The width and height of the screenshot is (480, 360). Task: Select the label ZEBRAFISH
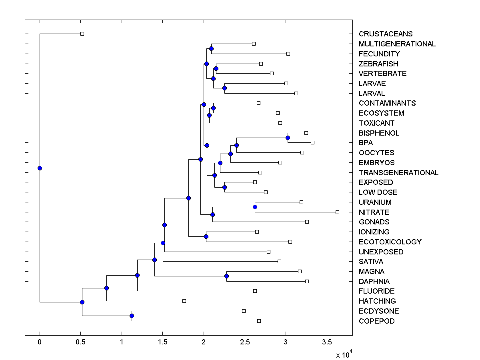378,64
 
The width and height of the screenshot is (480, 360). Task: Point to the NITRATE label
374,212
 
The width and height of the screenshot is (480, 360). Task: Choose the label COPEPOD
376,321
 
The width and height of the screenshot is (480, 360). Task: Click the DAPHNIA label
374,281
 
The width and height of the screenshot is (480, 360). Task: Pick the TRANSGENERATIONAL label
398,172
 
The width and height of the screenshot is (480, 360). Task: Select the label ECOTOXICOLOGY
390,242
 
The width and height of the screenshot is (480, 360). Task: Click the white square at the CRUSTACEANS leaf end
82,34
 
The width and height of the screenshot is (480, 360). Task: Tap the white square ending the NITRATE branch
337,212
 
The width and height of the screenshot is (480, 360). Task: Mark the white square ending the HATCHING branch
184,301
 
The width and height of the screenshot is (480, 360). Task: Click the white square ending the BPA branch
312,142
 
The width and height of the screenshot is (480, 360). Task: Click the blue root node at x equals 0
40,168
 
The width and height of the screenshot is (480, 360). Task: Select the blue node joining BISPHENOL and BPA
288,138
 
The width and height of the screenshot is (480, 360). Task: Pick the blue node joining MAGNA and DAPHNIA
226,276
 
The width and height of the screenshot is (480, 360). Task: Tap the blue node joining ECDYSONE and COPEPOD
132,316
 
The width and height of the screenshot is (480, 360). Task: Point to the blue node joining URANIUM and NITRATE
255,207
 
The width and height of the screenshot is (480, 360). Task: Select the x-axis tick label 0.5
81,342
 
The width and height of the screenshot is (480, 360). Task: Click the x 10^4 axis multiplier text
343,354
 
